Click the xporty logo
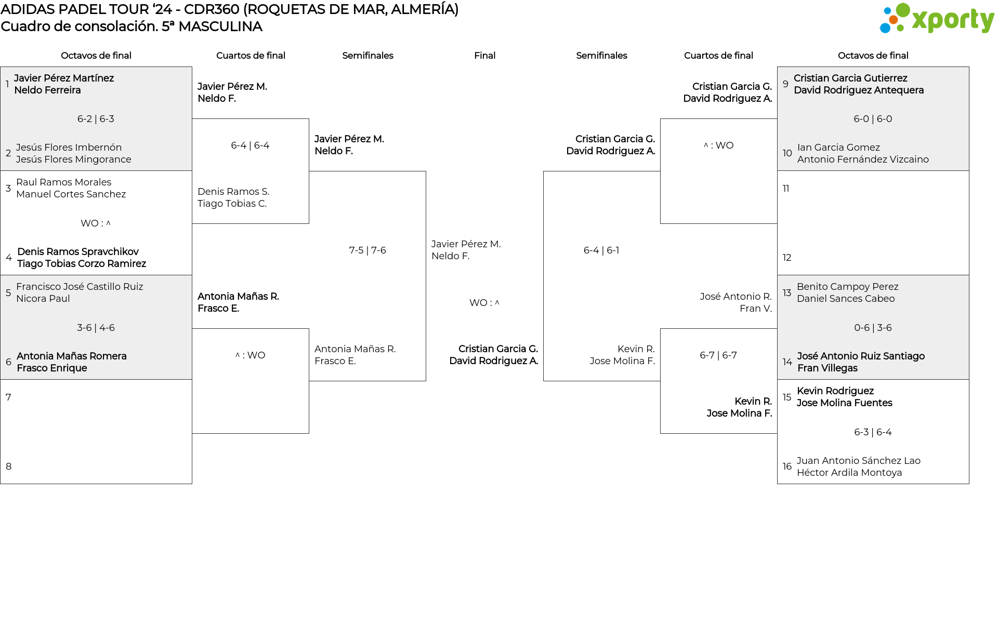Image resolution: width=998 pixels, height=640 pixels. (x=937, y=19)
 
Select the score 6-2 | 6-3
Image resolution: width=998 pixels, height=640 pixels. (x=96, y=119)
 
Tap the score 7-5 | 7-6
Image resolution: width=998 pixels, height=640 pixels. (x=367, y=250)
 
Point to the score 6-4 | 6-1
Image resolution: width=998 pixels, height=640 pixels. (x=601, y=250)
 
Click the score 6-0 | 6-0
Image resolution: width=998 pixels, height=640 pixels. (x=873, y=119)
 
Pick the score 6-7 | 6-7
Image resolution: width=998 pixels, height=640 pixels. (x=718, y=355)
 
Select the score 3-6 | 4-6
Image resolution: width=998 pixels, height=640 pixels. (x=96, y=328)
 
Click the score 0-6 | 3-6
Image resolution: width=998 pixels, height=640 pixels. (x=873, y=328)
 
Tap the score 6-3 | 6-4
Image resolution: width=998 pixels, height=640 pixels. (x=873, y=432)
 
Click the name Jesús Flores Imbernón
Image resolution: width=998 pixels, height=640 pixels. (x=69, y=148)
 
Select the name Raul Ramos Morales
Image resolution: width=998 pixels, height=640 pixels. (x=63, y=182)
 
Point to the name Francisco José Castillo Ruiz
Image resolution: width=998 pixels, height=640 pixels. (x=80, y=287)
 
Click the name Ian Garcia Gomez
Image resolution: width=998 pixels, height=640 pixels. (x=838, y=148)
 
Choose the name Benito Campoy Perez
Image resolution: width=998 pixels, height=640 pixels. (x=847, y=287)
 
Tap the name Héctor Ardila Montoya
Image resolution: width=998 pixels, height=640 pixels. (x=849, y=473)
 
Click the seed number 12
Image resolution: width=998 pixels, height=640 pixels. (x=787, y=258)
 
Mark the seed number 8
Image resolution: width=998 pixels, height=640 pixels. (x=8, y=466)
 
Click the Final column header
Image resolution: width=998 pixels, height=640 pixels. (x=484, y=56)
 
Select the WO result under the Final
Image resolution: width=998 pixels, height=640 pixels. (x=484, y=303)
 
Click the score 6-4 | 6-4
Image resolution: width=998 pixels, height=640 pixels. (x=250, y=145)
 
